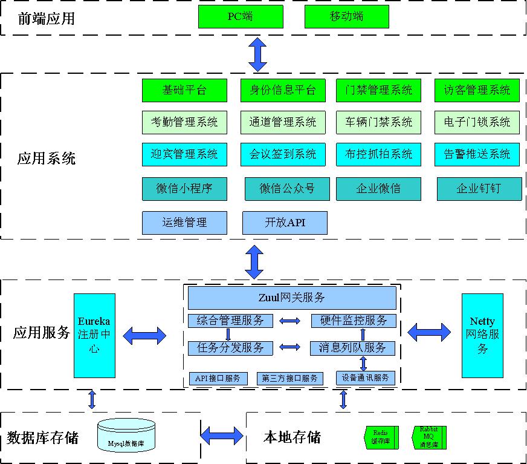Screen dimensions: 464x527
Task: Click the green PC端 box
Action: click(241, 16)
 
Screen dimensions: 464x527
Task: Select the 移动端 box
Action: click(346, 16)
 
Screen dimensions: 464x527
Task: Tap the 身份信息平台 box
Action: click(283, 90)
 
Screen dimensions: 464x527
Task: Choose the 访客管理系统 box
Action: click(477, 90)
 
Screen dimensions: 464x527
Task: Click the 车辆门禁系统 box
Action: click(379, 122)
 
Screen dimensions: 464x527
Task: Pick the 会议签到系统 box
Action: click(283, 154)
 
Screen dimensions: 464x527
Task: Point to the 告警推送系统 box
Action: click(477, 154)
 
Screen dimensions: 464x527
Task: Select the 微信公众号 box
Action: click(287, 189)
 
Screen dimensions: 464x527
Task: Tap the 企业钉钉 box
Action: click(479, 189)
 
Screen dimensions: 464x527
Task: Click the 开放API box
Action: click(285, 223)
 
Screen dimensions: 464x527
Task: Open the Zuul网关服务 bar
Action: click(292, 298)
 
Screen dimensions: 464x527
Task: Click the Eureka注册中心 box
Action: click(94, 335)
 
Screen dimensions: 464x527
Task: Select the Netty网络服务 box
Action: click(482, 335)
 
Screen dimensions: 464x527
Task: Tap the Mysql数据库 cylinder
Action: click(126, 435)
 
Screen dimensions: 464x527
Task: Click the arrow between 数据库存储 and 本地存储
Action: click(222, 435)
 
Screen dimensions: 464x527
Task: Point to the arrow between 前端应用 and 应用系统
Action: click(258, 54)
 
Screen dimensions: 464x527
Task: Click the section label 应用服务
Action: click(42, 333)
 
